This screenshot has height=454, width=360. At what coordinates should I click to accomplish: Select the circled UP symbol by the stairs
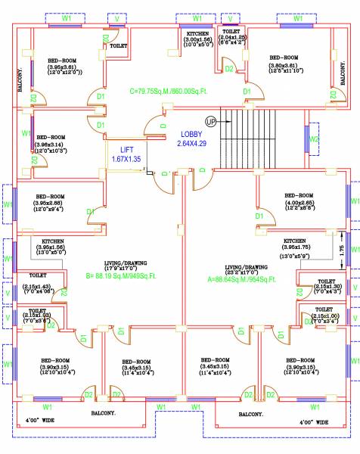click(210, 121)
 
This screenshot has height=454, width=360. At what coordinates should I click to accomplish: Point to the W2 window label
click(314, 140)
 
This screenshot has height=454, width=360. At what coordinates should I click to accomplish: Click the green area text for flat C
click(171, 91)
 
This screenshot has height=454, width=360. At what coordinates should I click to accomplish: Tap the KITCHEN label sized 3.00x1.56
click(198, 34)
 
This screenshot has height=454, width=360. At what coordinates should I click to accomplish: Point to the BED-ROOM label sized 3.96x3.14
click(51, 137)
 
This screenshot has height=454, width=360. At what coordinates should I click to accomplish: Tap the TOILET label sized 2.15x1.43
click(38, 275)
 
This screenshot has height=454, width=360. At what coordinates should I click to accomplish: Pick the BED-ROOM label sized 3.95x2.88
click(51, 197)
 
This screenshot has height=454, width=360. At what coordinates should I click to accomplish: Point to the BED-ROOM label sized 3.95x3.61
click(62, 60)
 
